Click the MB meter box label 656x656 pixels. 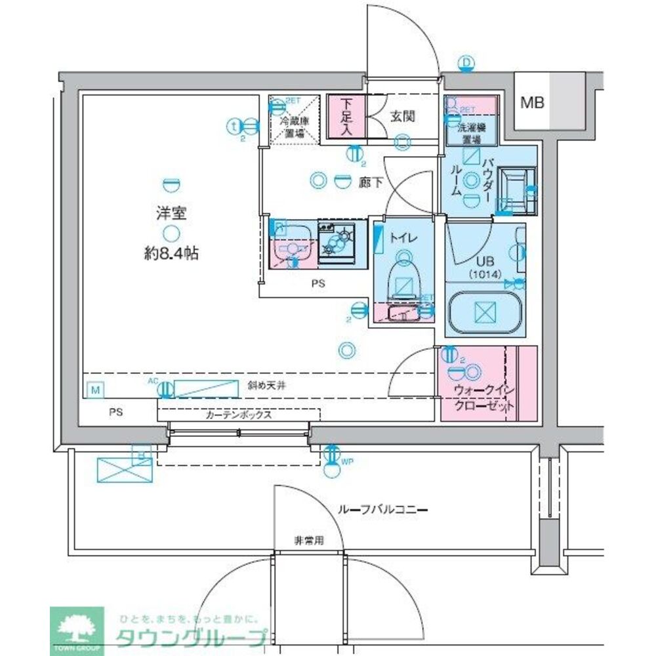(533, 102)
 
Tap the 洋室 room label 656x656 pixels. (169, 213)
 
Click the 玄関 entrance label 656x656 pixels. (401, 117)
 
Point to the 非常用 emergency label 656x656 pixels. (308, 541)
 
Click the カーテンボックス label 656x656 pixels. (239, 415)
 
